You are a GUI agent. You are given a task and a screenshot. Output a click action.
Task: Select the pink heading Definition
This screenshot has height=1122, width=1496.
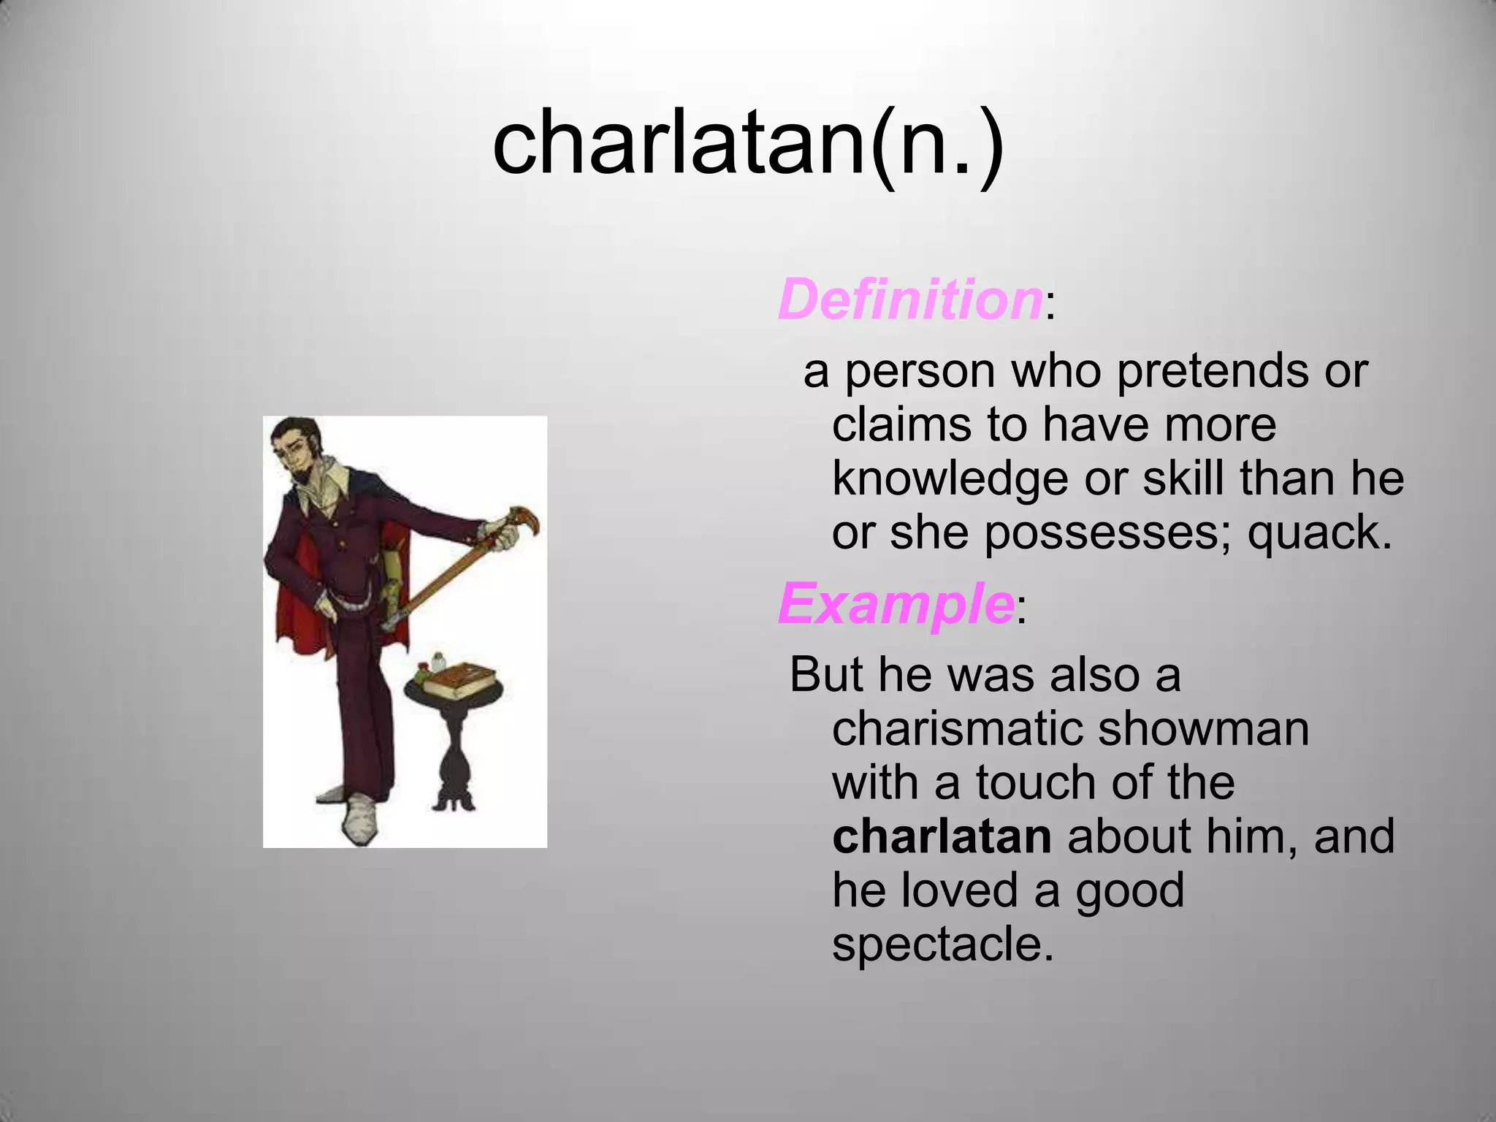tap(909, 300)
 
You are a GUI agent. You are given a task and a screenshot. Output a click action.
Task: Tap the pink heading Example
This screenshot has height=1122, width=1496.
tap(896, 605)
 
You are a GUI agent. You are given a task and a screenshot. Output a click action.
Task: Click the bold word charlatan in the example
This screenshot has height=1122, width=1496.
tap(942, 836)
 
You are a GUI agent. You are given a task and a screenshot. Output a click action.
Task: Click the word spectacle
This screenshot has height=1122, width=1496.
tap(942, 944)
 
